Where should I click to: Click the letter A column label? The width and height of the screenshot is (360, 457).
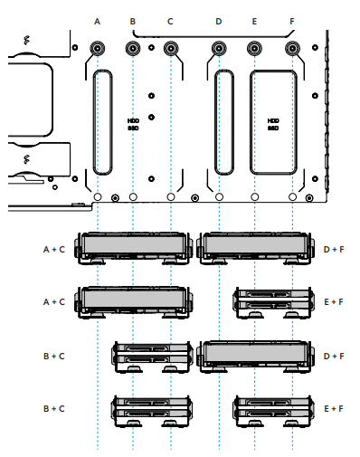pyautogui.click(x=97, y=22)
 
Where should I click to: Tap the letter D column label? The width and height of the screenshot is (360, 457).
pyautogui.click(x=219, y=22)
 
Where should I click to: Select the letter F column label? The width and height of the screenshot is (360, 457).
pyautogui.click(x=292, y=22)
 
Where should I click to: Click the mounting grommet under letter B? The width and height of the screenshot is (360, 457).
pyautogui.click(x=133, y=48)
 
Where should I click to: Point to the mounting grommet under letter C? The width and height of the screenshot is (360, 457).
pyautogui.click(x=171, y=48)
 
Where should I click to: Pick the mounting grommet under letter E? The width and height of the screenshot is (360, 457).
pyautogui.click(x=254, y=48)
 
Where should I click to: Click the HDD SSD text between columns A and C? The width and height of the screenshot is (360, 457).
pyautogui.click(x=133, y=124)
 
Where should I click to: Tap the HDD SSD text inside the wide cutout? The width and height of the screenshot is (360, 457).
pyautogui.click(x=273, y=124)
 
